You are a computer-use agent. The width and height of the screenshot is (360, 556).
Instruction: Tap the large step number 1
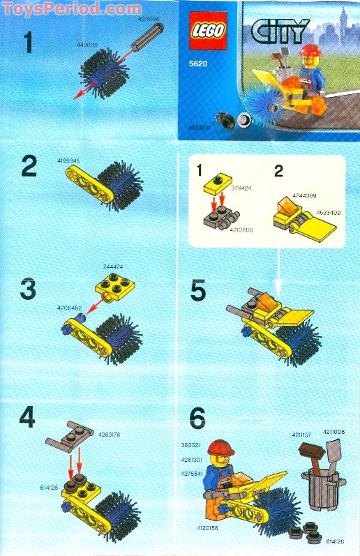click(x=29, y=44)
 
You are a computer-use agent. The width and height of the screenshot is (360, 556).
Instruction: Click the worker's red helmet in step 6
click(x=220, y=447)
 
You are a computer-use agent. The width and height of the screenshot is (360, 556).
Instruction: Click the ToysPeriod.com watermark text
click(x=70, y=8)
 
